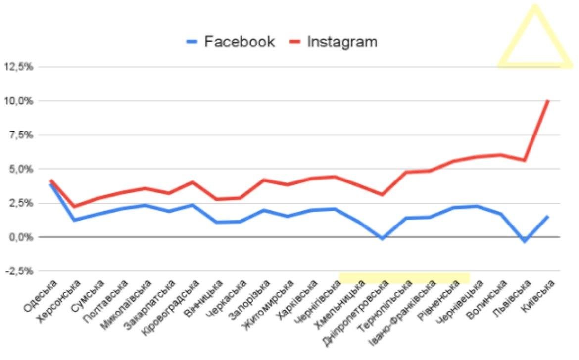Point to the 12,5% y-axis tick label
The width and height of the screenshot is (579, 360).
click(x=18, y=67)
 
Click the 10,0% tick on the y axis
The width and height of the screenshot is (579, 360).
click(x=18, y=101)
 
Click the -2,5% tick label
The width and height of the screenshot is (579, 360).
click(x=19, y=271)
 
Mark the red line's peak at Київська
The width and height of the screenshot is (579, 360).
click(x=548, y=101)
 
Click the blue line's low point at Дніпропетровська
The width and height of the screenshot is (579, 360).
click(x=382, y=238)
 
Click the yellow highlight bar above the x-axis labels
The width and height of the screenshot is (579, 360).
click(x=404, y=278)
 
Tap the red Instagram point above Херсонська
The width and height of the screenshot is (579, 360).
click(x=74, y=206)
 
